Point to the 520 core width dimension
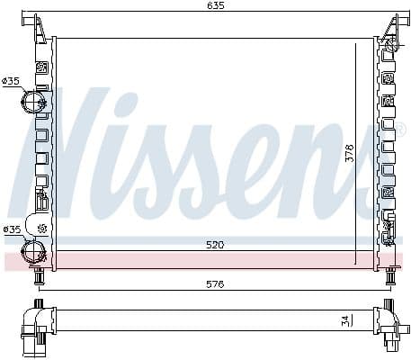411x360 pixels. click(x=214, y=244)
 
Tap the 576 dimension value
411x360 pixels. click(x=214, y=283)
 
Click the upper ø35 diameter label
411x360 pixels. click(x=12, y=82)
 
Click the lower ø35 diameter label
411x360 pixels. click(x=12, y=229)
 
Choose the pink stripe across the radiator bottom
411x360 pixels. click(x=207, y=260)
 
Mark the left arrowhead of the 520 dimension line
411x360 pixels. click(x=58, y=250)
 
